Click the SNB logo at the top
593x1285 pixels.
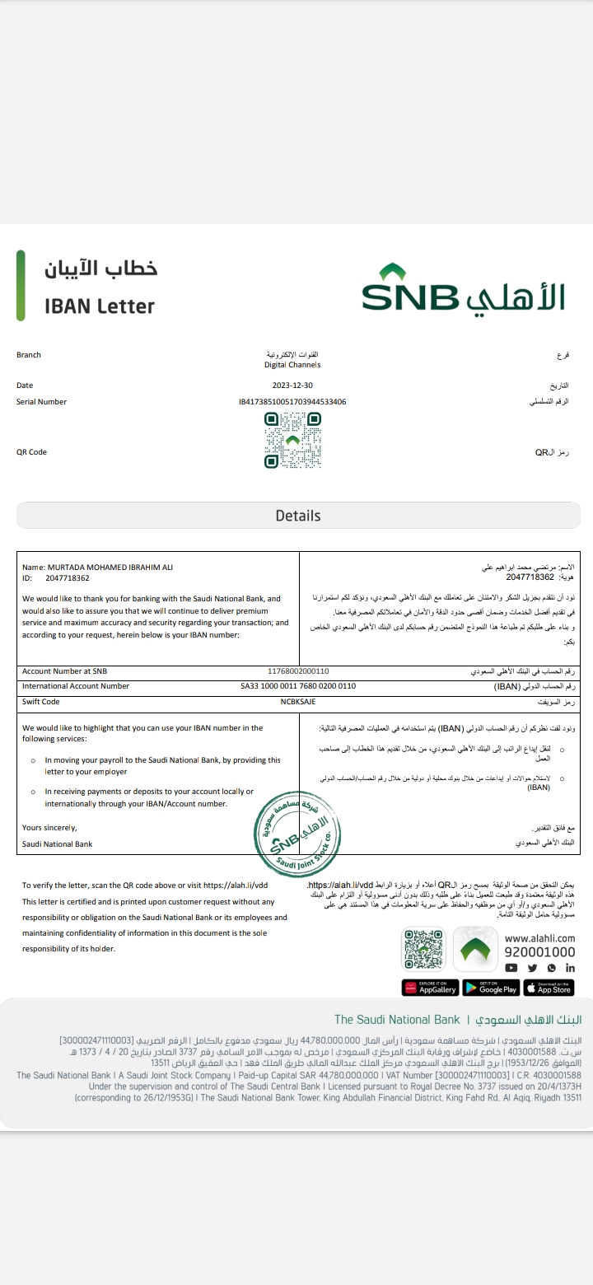click(464, 288)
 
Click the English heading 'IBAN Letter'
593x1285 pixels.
click(100, 306)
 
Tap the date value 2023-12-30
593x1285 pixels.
click(292, 385)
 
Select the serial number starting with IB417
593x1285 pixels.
click(292, 402)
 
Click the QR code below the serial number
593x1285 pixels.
click(292, 441)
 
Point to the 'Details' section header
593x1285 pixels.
click(298, 516)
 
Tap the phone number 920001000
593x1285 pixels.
click(539, 952)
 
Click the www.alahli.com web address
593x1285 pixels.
click(539, 937)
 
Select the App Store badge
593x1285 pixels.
click(549, 988)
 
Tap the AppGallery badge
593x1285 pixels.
click(431, 988)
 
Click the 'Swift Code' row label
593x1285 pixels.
click(41, 702)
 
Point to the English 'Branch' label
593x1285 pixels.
click(29, 355)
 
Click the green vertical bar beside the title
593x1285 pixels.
click(21, 286)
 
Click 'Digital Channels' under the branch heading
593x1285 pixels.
click(292, 365)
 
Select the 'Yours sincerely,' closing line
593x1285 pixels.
click(49, 827)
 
